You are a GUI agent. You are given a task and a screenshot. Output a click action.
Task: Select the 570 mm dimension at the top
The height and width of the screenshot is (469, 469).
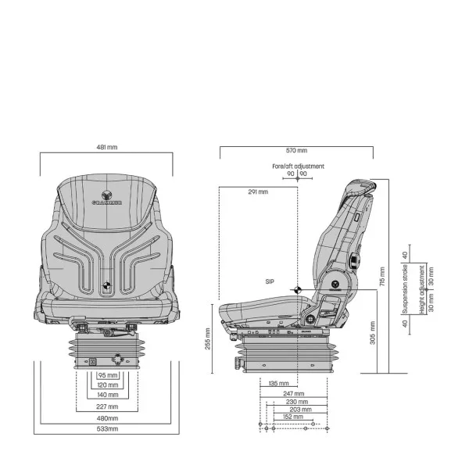point(296,151)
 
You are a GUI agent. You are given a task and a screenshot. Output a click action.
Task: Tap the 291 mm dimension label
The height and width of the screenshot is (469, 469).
point(258,192)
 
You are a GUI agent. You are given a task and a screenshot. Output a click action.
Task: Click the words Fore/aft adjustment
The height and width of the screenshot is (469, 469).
point(297,166)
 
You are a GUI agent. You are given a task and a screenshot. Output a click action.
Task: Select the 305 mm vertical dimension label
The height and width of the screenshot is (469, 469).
point(373,332)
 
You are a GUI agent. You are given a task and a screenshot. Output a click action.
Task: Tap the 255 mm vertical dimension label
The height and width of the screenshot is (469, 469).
point(208,338)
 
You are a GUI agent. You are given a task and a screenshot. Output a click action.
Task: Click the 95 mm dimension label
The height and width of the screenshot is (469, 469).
point(108,375)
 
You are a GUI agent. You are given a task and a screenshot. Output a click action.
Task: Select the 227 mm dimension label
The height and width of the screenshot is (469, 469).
point(108,406)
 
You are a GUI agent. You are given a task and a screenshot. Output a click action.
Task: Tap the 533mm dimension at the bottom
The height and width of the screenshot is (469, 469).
point(107,429)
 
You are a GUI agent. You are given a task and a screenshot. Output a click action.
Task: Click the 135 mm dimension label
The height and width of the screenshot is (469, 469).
point(277,384)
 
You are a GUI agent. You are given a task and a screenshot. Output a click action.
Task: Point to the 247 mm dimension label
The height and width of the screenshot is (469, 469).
point(293,393)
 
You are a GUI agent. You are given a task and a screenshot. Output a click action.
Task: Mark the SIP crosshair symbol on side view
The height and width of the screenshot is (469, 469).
point(297,290)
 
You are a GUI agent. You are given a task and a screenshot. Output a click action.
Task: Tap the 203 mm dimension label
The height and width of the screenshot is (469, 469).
point(299,409)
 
